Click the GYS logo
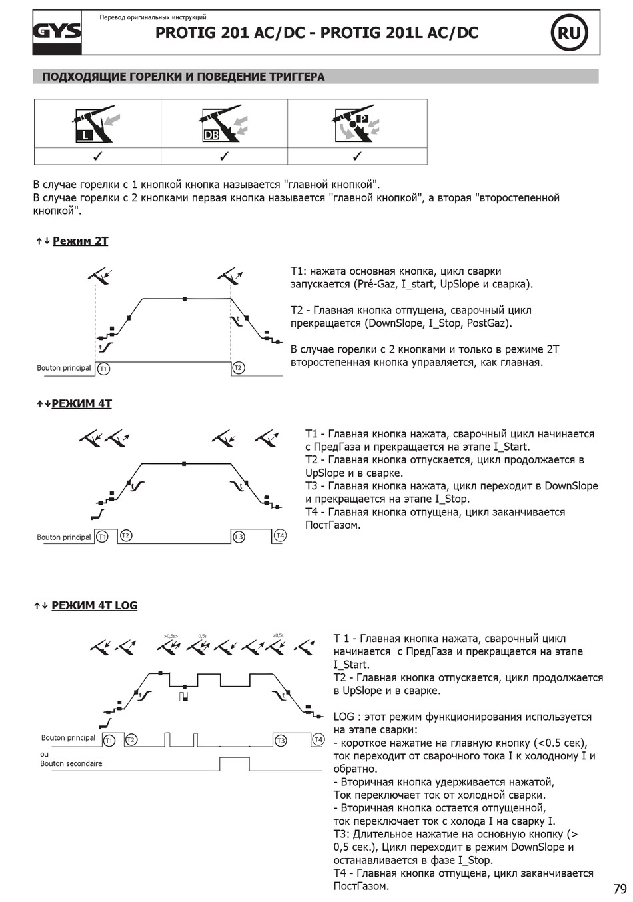click(x=58, y=32)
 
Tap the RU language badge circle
click(x=568, y=33)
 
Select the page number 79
click(x=620, y=889)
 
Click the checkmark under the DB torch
click(x=225, y=157)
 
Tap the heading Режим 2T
click(x=80, y=241)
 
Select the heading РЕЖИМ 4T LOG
click(x=94, y=605)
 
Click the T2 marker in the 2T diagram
click(x=239, y=368)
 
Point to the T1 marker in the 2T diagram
click(x=103, y=368)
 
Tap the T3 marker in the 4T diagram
click(x=239, y=537)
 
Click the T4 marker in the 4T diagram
click(x=280, y=536)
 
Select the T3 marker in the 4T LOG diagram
click(x=281, y=740)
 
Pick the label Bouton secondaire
click(x=71, y=763)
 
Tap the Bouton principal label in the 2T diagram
click(x=63, y=368)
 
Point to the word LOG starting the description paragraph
click(x=344, y=717)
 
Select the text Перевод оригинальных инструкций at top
click(x=153, y=17)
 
